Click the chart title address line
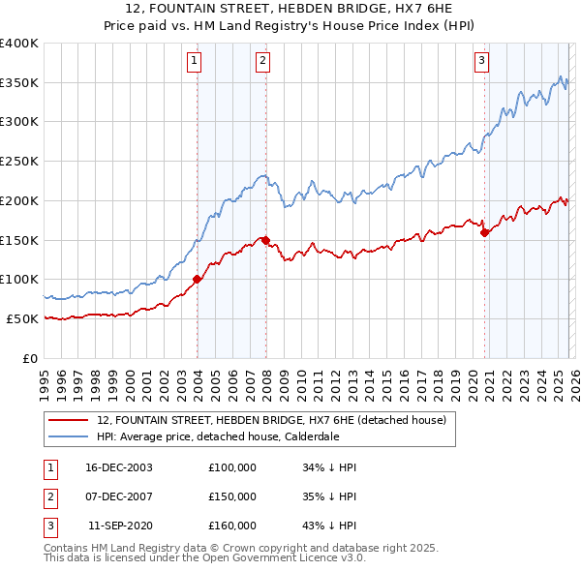[x=290, y=8]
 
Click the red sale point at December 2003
[x=197, y=279]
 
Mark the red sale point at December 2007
[x=265, y=239]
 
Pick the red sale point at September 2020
[x=484, y=231]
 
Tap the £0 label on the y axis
[x=31, y=358]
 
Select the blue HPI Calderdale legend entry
[x=218, y=436]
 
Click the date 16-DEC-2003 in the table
[x=119, y=467]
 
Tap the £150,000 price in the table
[x=232, y=496]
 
